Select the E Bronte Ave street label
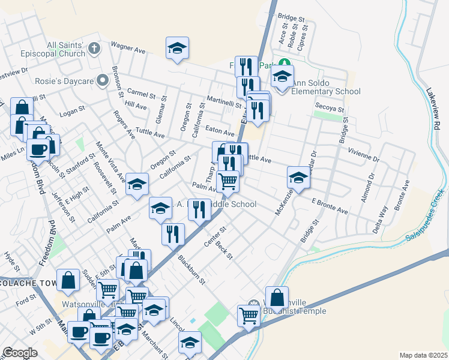click(x=330, y=206)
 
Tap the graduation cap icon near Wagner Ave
click(x=177, y=48)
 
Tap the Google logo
click(x=20, y=353)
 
